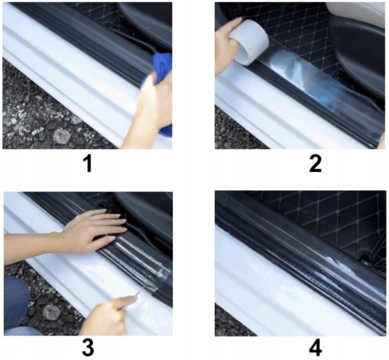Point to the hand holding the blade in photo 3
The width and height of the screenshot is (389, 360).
pyautogui.click(x=109, y=317)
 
